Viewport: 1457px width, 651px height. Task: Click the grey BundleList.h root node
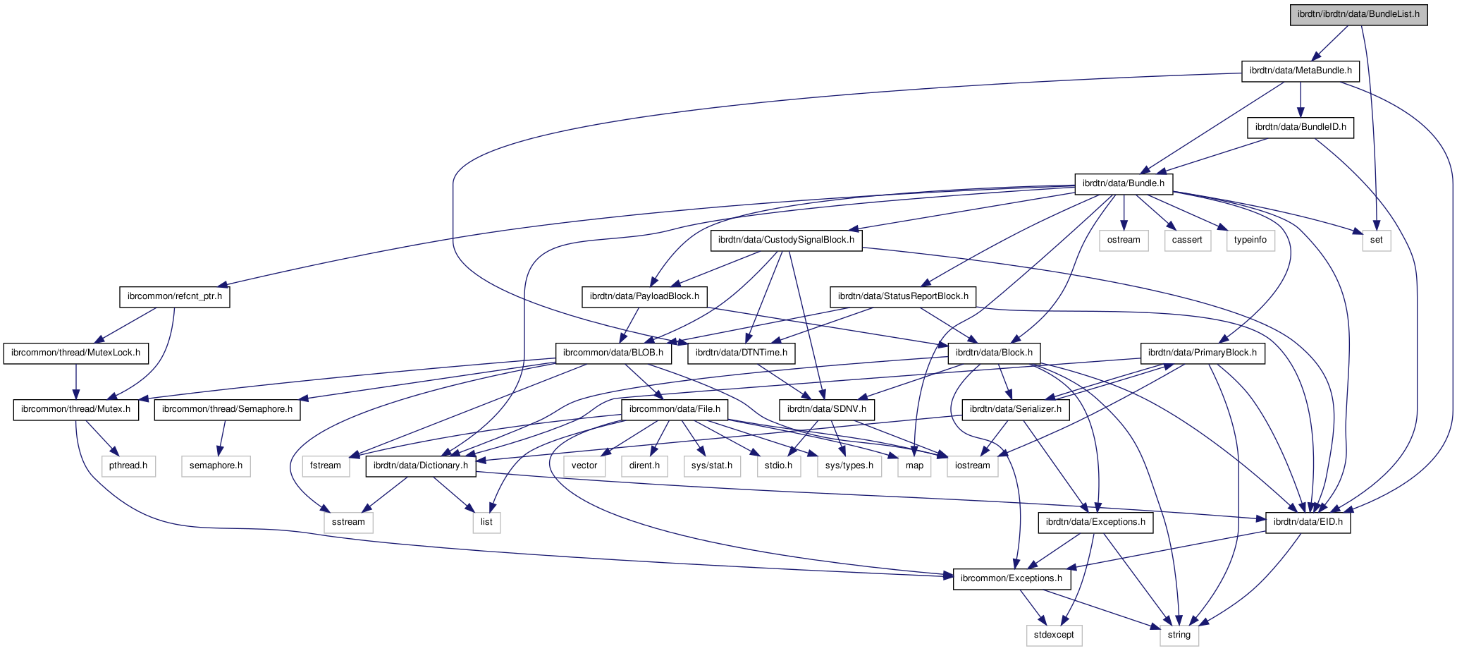tap(1358, 14)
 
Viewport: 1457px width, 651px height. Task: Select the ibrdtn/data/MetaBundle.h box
tap(1300, 71)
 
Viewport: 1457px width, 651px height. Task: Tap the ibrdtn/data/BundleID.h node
tap(1300, 127)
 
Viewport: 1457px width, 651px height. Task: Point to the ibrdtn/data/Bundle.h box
tap(1124, 183)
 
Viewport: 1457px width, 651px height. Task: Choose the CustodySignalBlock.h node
tap(785, 240)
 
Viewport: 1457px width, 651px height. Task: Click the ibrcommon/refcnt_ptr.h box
tap(174, 296)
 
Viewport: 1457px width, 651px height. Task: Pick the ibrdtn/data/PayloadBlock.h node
tap(644, 296)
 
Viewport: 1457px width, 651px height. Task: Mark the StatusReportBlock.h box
tap(902, 296)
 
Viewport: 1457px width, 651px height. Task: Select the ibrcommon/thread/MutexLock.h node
tap(75, 353)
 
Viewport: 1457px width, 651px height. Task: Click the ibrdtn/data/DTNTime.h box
tap(741, 353)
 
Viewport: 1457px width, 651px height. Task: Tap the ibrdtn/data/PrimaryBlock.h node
tap(1202, 353)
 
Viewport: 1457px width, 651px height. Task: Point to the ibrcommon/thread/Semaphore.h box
tap(227, 409)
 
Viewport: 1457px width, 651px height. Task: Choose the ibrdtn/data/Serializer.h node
tap(1015, 409)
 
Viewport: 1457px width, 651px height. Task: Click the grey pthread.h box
tap(128, 466)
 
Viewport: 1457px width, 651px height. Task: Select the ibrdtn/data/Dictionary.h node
tap(420, 466)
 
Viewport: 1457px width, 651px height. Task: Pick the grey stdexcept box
tap(1054, 635)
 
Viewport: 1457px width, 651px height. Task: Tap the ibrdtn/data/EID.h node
tap(1308, 522)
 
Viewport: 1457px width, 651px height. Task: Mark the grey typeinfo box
tap(1250, 240)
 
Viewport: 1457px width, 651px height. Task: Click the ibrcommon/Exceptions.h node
tap(1011, 578)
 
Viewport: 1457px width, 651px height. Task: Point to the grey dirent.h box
tap(644, 466)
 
